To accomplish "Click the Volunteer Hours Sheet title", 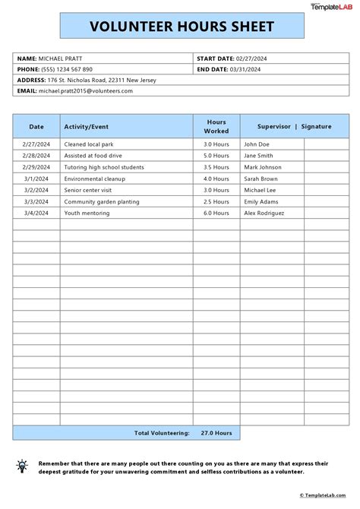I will pos(182,27).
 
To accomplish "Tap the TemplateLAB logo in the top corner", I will pos(331,6).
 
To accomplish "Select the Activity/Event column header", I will pos(86,127).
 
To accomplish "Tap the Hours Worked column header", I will pos(216,126).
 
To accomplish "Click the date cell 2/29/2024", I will pos(36,167).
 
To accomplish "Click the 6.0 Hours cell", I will pos(216,214).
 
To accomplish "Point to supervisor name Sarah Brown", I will pos(261,179).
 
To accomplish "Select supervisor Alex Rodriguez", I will pos(264,214).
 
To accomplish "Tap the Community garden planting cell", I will pos(102,202).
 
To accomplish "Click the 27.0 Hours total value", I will pos(216,433).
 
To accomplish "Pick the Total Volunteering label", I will pos(162,433).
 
